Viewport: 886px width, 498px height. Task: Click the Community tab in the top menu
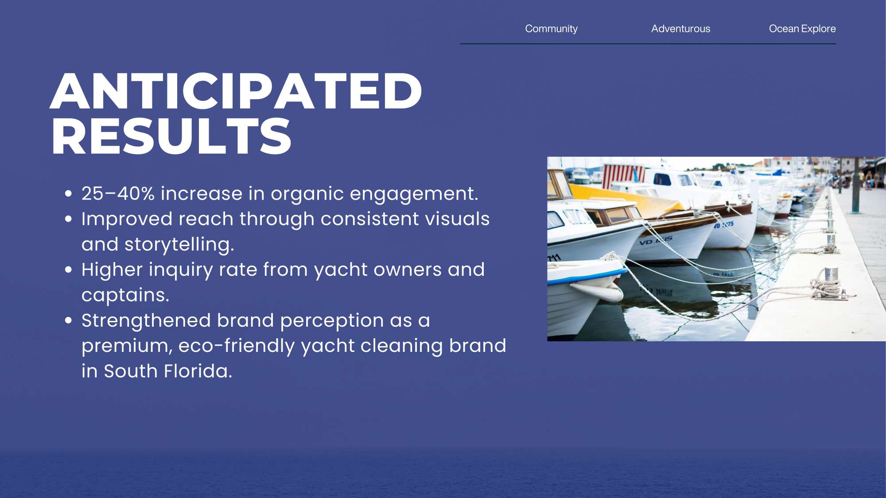click(x=551, y=29)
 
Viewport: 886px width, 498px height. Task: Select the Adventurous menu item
click(x=680, y=29)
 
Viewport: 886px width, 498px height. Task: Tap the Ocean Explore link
click(x=802, y=29)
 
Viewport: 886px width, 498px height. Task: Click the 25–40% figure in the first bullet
click(x=118, y=193)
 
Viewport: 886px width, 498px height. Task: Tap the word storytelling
click(x=179, y=244)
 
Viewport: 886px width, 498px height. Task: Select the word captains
click(x=125, y=295)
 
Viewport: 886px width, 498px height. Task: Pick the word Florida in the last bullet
click(x=198, y=371)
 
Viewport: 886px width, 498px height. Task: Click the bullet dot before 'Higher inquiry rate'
click(x=68, y=270)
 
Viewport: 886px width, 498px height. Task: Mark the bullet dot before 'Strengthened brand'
click(x=68, y=320)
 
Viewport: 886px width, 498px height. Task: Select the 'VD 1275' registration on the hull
click(x=723, y=225)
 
